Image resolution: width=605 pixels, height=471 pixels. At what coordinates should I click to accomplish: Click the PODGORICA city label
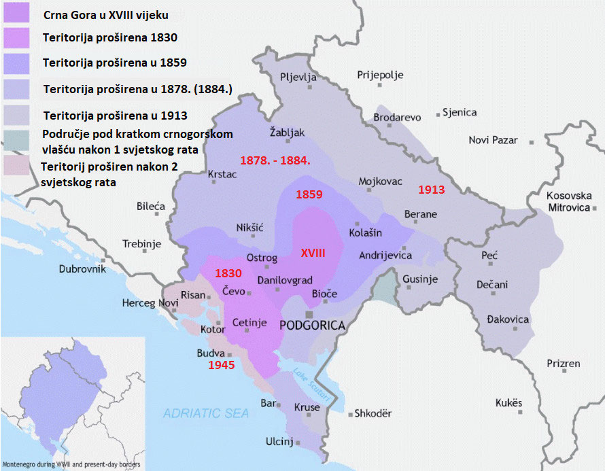point(313,326)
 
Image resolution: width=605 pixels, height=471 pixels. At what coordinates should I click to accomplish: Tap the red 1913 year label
point(431,190)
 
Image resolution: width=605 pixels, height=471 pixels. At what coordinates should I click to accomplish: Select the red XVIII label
point(313,252)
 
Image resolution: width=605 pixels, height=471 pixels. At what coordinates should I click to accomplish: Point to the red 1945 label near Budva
point(221,365)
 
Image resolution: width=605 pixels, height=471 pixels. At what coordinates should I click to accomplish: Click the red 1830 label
point(228,273)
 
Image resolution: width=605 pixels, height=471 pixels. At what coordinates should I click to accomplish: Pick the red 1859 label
point(309,194)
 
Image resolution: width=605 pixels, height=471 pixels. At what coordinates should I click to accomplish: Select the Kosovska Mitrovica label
point(568,201)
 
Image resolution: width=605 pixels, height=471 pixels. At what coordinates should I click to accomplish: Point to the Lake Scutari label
point(311,384)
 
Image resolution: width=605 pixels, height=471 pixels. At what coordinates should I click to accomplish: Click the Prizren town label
point(564,364)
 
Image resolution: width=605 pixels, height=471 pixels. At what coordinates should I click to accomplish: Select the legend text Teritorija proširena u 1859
point(114,63)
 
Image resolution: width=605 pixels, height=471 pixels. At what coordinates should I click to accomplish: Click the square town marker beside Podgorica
point(310,315)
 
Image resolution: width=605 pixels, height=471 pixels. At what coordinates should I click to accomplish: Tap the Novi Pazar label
point(493,140)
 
